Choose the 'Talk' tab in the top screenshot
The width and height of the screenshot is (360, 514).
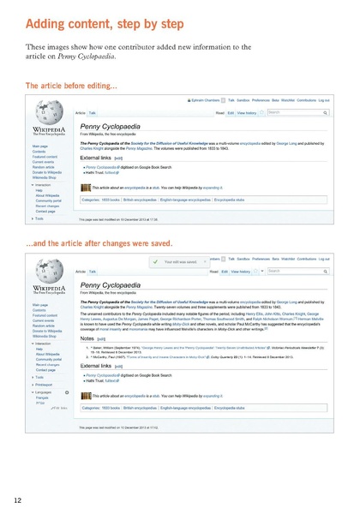(92, 112)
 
